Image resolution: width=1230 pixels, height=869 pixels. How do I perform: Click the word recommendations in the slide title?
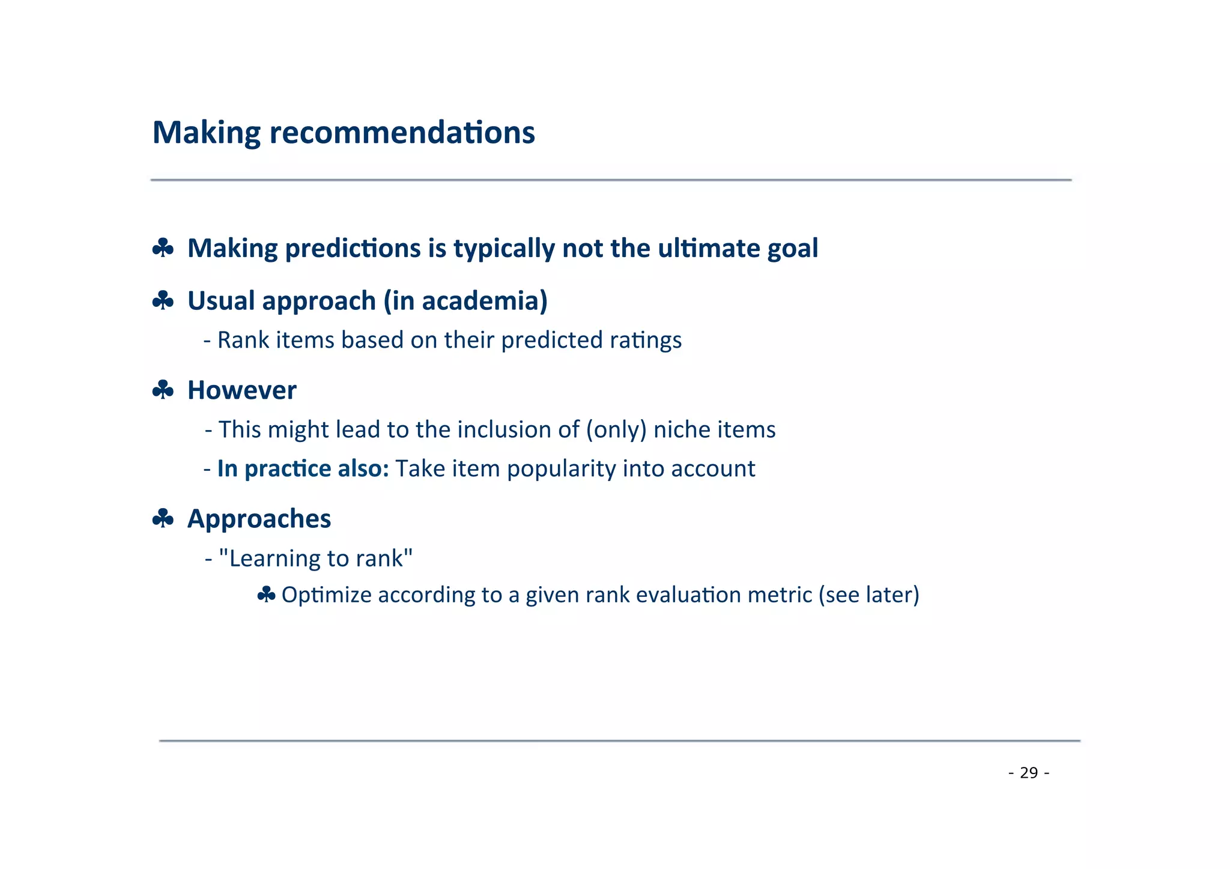[x=402, y=133]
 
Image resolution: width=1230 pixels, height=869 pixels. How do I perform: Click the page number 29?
[x=1029, y=772]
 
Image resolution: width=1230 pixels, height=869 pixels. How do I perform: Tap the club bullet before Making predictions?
[x=163, y=248]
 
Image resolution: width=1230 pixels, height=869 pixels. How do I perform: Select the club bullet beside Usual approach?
[x=163, y=300]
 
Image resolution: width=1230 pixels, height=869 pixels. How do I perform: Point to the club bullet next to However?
[x=163, y=390]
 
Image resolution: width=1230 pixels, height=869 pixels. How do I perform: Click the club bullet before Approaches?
[x=163, y=518]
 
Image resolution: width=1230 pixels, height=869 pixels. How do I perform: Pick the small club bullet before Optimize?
[x=266, y=595]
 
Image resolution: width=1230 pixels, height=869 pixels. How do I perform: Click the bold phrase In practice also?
[x=303, y=469]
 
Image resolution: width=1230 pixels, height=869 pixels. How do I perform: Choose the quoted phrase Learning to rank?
[x=315, y=559]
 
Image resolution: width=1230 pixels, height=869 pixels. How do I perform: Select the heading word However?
[x=242, y=390]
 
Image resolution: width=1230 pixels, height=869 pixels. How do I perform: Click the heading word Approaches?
[x=259, y=519]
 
